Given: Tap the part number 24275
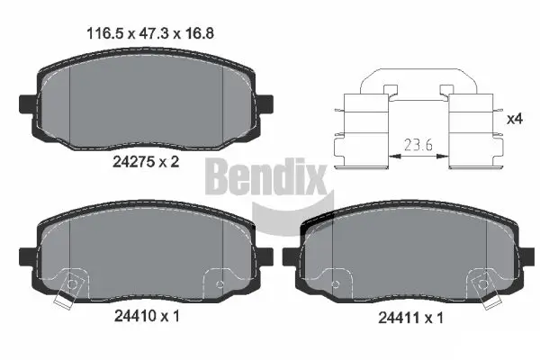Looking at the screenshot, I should [130, 163].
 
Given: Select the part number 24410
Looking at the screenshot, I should [130, 317].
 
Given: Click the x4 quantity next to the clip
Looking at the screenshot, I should [515, 119].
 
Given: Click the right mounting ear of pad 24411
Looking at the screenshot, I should [525, 256].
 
